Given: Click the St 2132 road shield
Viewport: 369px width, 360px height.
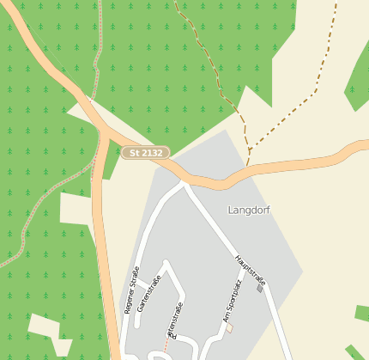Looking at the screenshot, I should pos(146,153).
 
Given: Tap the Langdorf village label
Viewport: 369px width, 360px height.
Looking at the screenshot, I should pos(249,210).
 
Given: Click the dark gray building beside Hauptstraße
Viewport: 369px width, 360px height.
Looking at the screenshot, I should pos(259,288).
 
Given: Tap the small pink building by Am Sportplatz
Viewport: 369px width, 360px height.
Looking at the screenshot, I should pos(229,326).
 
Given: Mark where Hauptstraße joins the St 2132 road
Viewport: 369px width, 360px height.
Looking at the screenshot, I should pos(184,182).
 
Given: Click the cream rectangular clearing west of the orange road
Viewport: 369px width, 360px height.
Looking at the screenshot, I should pos(75,209).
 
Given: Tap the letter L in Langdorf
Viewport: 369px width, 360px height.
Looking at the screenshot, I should pos(231,210).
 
